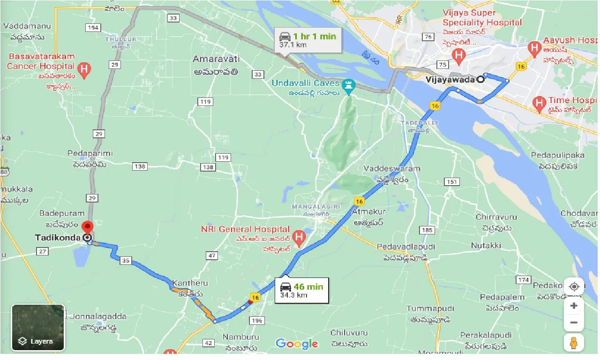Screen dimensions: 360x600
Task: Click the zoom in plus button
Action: [x=574, y=306]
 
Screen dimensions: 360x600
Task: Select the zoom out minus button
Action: [x=574, y=322]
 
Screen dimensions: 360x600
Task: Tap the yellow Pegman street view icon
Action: [x=574, y=343]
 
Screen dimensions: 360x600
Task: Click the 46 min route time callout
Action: [x=301, y=290]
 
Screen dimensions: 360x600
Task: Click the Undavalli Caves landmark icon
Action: [x=349, y=85]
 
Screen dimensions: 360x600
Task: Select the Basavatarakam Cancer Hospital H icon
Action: [x=84, y=70]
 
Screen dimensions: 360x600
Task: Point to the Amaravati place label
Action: [x=216, y=59]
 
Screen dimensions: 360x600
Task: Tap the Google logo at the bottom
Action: [x=297, y=344]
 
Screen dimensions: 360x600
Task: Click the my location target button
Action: [x=574, y=286]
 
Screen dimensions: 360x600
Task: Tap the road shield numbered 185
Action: [x=427, y=230]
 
